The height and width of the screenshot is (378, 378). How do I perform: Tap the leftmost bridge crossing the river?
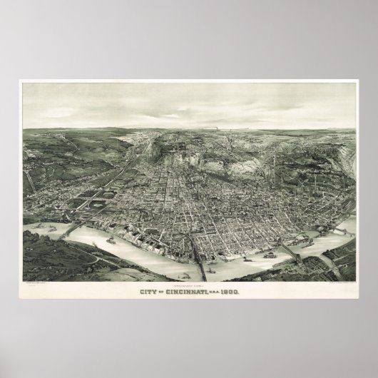click(71, 230)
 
